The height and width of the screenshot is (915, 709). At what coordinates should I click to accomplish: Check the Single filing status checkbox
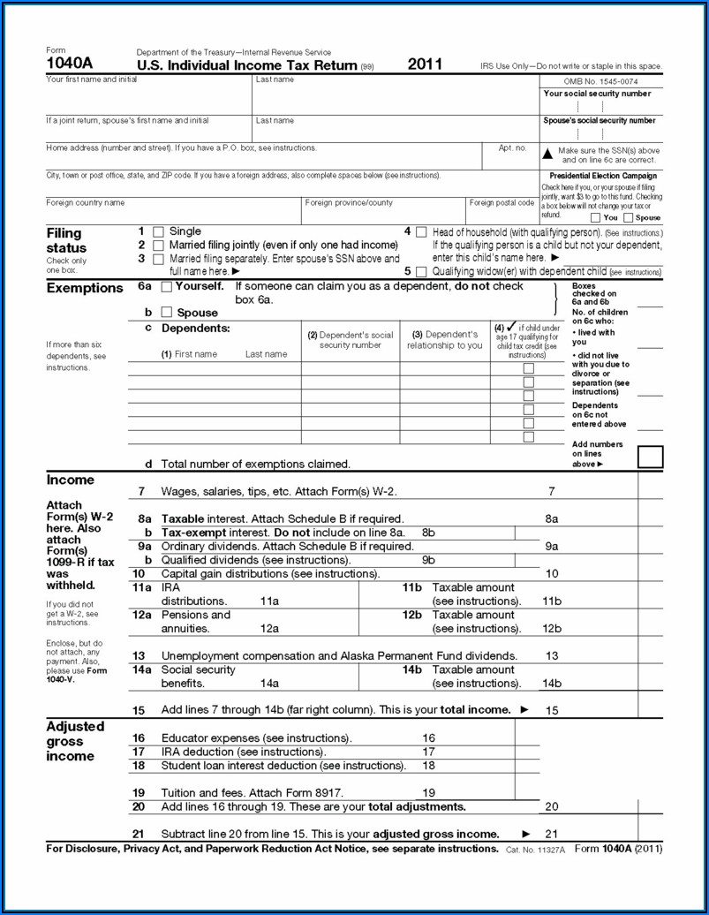pos(158,231)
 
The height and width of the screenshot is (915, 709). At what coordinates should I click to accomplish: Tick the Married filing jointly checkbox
pos(158,246)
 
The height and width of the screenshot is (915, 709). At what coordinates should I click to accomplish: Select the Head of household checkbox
pos(421,231)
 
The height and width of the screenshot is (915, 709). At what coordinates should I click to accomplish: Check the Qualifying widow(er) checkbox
pos(421,272)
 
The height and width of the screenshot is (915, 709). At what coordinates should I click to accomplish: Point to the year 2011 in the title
pos(425,64)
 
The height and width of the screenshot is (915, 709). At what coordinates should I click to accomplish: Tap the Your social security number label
pos(597,94)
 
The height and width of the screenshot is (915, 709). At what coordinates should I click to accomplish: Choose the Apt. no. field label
pos(512,148)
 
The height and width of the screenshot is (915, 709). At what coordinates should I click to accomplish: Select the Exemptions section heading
pos(85,288)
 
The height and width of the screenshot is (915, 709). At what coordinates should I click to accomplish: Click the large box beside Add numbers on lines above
pos(650,457)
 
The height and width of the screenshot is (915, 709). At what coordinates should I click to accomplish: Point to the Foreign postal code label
pos(502,202)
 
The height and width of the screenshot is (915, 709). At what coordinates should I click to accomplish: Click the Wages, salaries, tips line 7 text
pos(278,491)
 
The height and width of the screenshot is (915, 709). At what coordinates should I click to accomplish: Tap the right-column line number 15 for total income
pos(552,710)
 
